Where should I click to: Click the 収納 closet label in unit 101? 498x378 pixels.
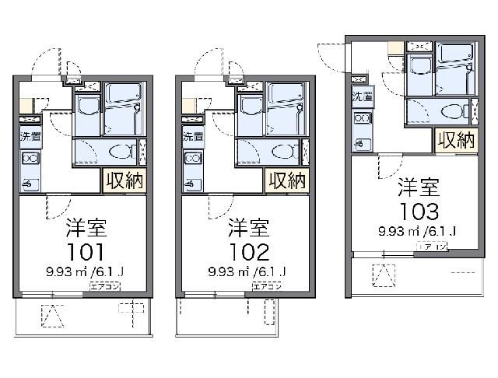124,181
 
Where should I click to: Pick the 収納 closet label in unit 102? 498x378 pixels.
286,181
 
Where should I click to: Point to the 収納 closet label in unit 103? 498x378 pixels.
455,141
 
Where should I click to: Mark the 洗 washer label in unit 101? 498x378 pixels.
26,137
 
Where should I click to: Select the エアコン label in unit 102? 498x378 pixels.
265,286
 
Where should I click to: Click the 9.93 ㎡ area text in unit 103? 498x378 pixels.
398,231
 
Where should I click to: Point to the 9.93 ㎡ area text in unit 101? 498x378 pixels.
65,271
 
